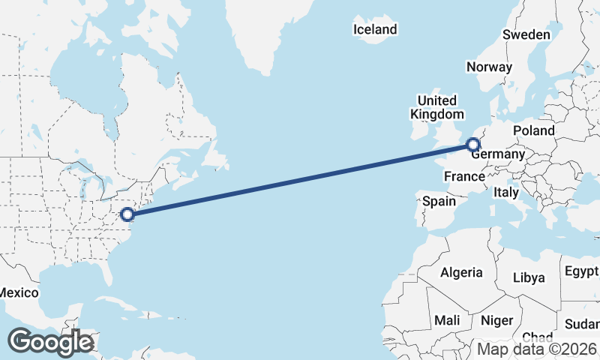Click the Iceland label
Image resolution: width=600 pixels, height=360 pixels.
coord(375,29)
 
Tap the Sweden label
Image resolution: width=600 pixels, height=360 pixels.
coord(526,34)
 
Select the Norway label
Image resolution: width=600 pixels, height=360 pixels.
coord(489,67)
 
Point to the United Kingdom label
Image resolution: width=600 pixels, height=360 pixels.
coord(436,107)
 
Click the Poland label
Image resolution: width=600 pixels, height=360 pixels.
coord(534,130)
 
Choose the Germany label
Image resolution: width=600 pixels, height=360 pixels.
coord(497,154)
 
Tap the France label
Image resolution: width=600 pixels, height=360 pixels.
coord(463,176)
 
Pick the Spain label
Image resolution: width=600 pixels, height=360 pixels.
coord(439,201)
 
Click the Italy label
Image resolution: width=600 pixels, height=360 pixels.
coord(506,192)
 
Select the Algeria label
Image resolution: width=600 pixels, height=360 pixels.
coord(461,272)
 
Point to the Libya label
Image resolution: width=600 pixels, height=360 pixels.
coord(529,277)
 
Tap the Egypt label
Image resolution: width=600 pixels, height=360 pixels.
coord(582,271)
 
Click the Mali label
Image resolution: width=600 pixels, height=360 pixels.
coord(448,320)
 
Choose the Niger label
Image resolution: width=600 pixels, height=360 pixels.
coord(496,320)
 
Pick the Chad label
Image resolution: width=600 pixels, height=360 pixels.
coord(537,337)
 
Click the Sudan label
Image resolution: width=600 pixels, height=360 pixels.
coord(582,324)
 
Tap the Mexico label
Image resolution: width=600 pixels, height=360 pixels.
coord(14,292)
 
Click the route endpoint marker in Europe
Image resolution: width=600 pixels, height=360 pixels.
coord(473,145)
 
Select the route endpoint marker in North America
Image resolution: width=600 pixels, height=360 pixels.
coord(127,214)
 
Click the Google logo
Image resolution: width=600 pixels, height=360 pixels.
coord(51,342)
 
